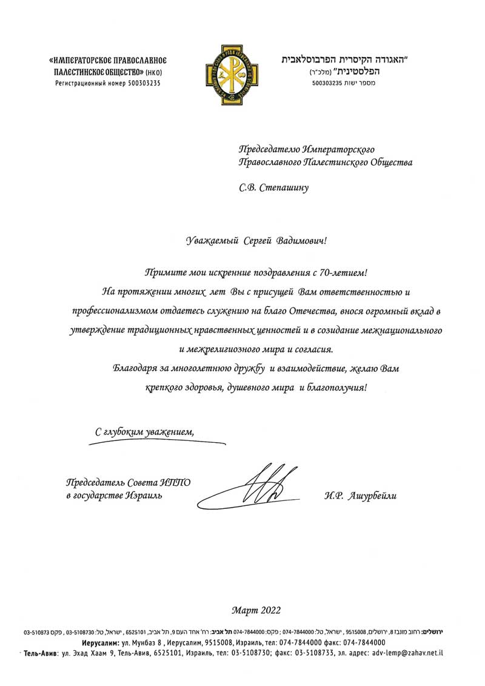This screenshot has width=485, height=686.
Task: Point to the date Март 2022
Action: click(x=256, y=610)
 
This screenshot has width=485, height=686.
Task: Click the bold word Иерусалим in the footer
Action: click(x=101, y=642)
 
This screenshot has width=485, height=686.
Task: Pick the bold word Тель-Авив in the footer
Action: click(x=41, y=654)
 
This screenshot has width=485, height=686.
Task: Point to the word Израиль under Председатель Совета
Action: click(x=142, y=496)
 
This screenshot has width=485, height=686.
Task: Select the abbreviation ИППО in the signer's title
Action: click(x=175, y=483)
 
